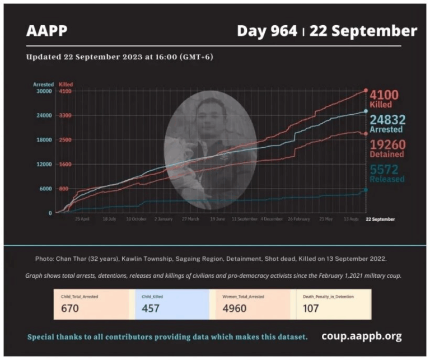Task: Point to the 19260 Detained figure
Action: click(x=387, y=145)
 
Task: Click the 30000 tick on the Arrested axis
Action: click(x=45, y=91)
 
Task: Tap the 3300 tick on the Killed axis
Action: click(x=65, y=115)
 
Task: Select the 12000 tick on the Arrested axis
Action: click(x=45, y=164)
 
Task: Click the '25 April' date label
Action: click(x=82, y=219)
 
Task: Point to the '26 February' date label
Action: click(x=299, y=219)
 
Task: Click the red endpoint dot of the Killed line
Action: click(x=366, y=90)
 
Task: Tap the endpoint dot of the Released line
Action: click(x=366, y=190)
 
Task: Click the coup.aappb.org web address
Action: click(x=361, y=336)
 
